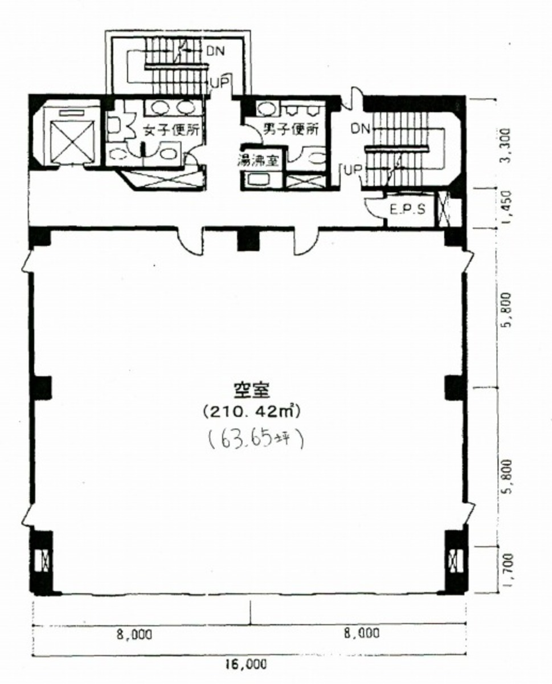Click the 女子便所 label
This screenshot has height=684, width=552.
171,130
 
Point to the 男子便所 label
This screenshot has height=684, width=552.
291,129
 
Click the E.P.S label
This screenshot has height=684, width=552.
408,209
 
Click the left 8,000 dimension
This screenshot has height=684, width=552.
135,634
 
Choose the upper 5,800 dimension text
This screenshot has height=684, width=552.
509,308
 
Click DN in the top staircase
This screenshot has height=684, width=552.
215,50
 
